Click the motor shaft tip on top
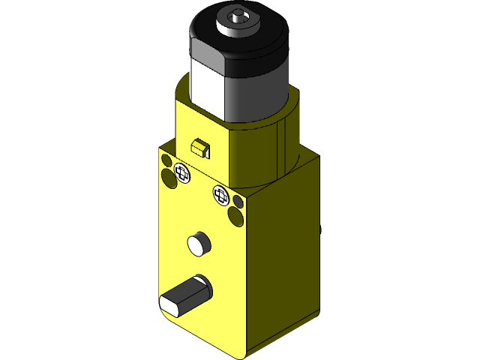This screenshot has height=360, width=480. point(239,13)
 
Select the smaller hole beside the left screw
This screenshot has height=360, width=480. point(166,160)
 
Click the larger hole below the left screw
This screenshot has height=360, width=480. point(168,178)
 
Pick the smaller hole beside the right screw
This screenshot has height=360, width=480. point(238,202)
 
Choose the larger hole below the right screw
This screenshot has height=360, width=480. point(235,217)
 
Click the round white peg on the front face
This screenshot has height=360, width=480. point(198,242)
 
